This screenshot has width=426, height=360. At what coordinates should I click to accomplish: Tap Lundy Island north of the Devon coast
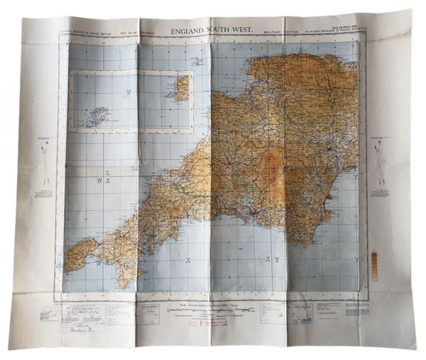coord(196,61)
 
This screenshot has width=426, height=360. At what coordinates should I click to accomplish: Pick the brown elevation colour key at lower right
coord(374,263)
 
